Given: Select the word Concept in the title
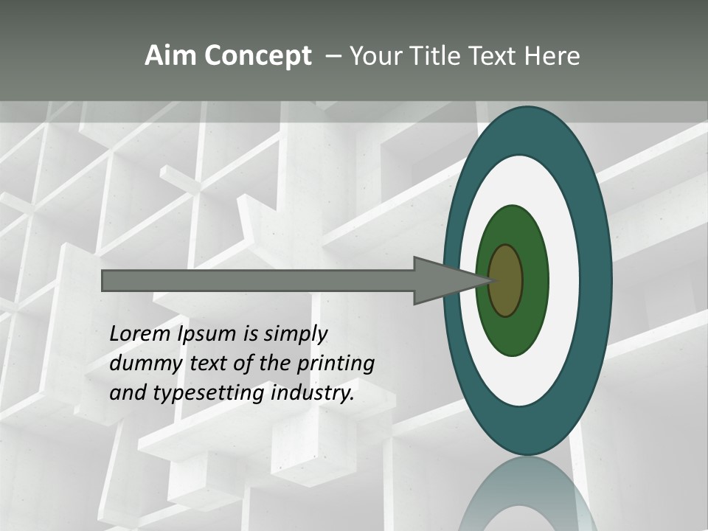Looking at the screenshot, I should coord(257,56).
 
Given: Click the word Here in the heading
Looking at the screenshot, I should coord(553,56).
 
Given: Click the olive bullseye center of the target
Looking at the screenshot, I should coord(506,281).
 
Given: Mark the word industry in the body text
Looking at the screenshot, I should coord(313,394).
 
